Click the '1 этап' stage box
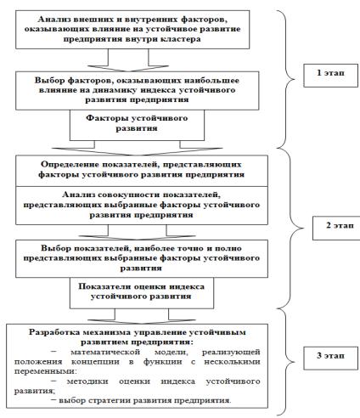click(330, 76)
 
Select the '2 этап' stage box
click(336, 229)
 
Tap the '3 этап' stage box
click(330, 358)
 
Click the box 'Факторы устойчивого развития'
click(137, 125)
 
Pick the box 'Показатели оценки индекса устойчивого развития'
click(142, 293)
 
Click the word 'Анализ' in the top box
click(54, 20)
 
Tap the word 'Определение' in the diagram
click(69, 165)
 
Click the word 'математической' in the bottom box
click(105, 353)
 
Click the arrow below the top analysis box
click(128, 60)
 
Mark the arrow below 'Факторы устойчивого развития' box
click(137, 148)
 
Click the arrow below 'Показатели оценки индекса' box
click(142, 316)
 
